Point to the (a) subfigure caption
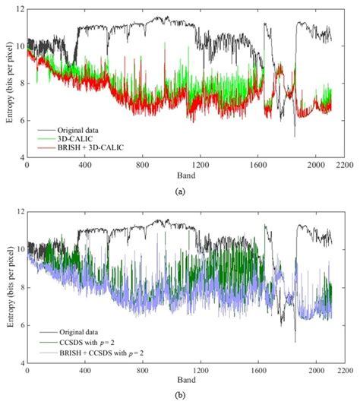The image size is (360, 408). (180, 191)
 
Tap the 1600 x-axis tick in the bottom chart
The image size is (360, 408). (258, 371)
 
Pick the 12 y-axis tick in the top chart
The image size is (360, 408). (19, 8)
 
